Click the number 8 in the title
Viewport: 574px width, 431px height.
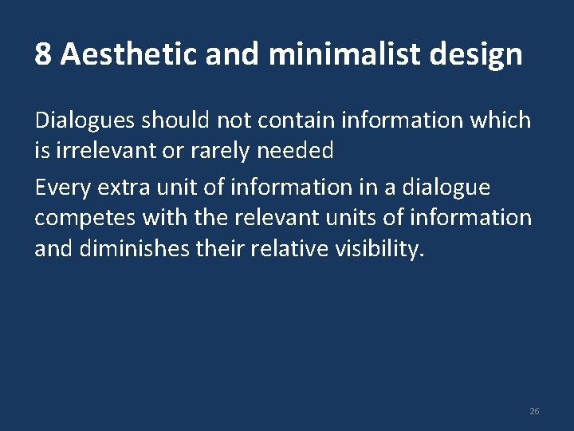43,55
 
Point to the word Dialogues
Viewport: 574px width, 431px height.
85,121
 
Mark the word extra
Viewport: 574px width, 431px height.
119,188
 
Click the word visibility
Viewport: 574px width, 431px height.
377,248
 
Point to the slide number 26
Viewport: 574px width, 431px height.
534,411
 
